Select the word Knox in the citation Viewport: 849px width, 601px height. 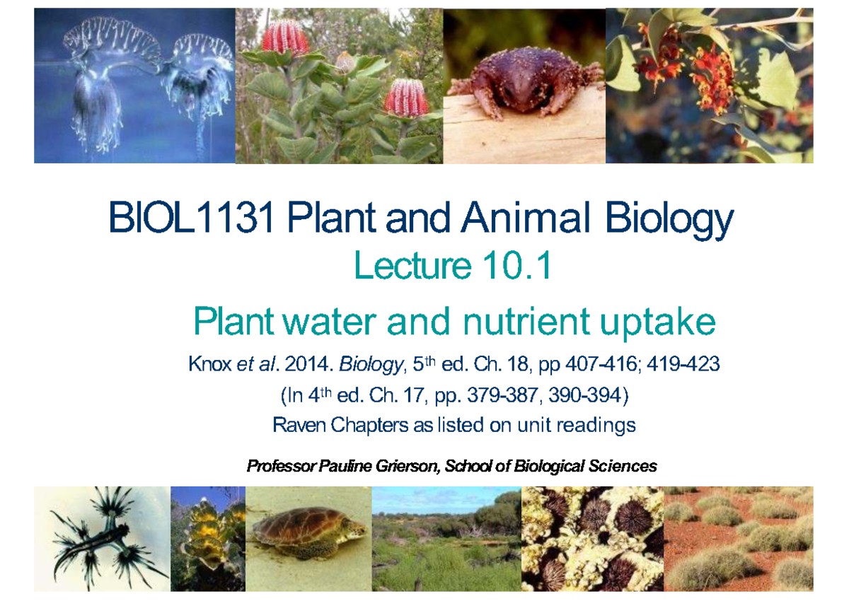tap(210, 365)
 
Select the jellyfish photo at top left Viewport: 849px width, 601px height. tap(134, 86)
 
